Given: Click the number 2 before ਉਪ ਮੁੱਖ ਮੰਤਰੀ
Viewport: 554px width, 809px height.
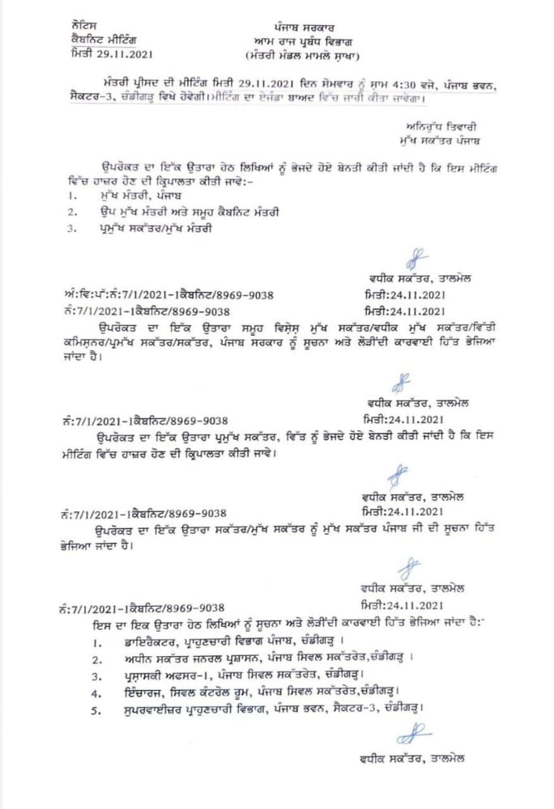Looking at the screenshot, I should coord(72,212).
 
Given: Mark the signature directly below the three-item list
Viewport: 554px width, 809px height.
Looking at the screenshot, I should coord(417,260).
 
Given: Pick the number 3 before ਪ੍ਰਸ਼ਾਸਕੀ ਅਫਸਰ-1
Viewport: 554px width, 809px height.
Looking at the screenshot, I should coord(96,676).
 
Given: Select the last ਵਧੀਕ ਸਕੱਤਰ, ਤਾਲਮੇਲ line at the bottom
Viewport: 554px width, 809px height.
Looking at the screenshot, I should coord(414,758).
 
